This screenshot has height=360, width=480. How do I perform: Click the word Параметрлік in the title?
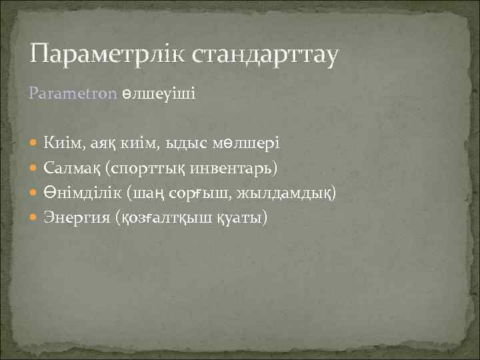(x=107, y=53)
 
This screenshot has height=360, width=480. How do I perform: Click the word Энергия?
(x=75, y=218)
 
